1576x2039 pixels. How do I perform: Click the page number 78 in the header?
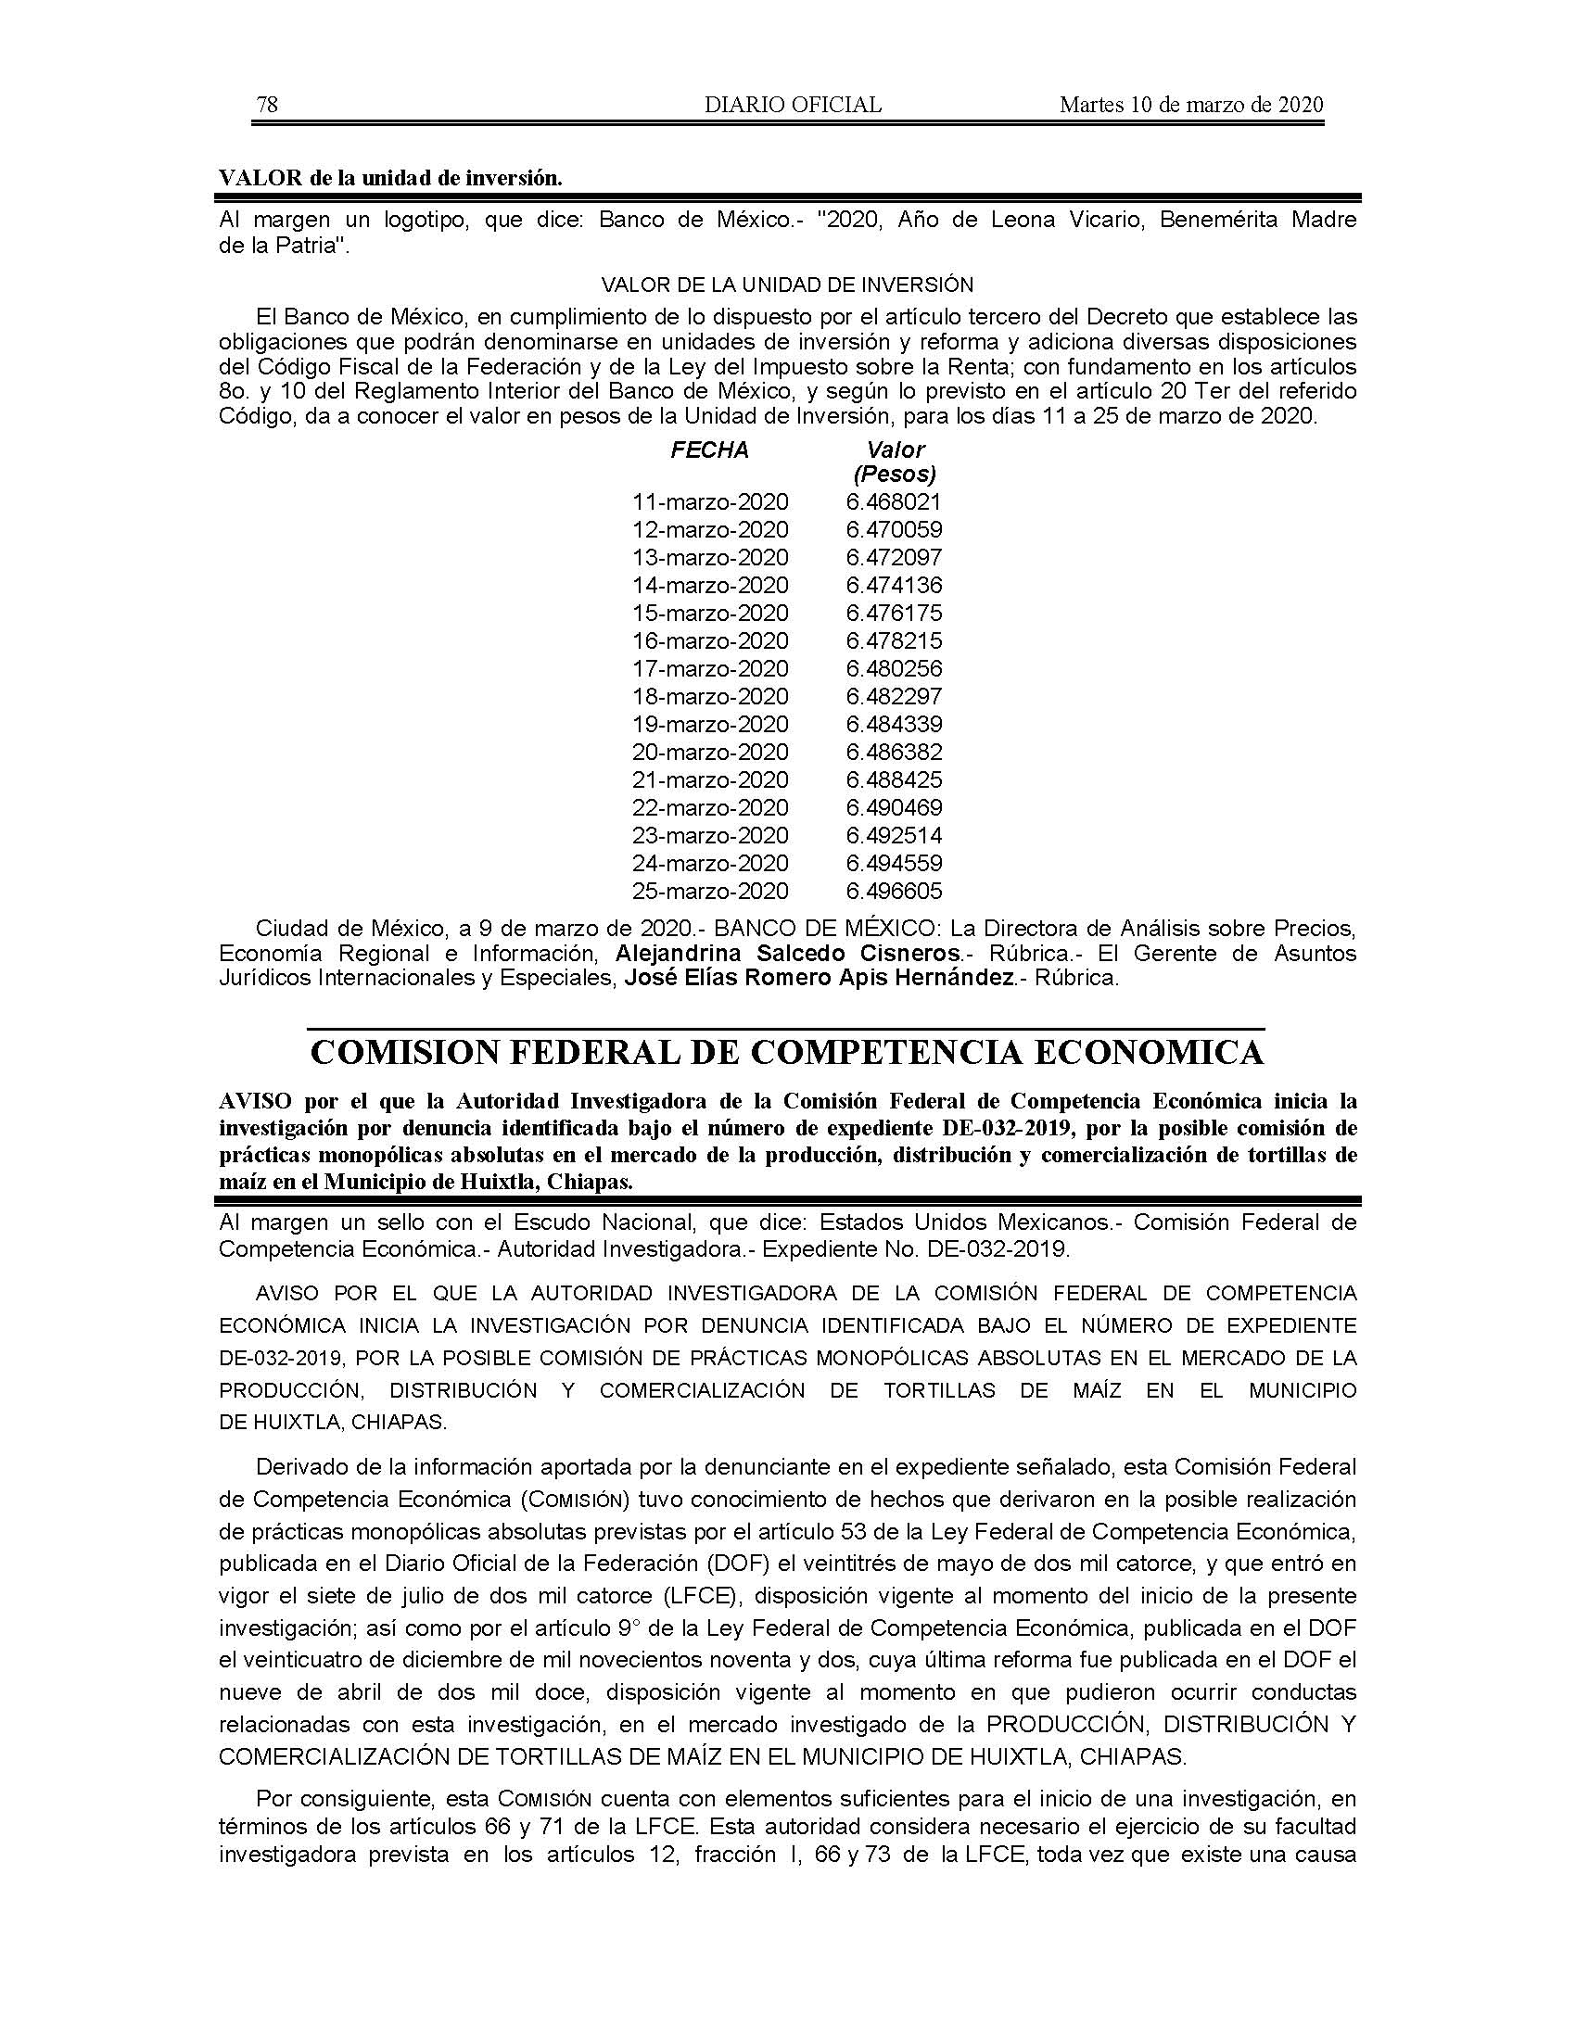click(x=267, y=105)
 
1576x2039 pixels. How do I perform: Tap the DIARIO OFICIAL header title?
click(x=793, y=105)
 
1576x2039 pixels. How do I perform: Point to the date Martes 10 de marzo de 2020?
click(x=1191, y=105)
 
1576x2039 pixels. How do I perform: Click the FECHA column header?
click(x=709, y=450)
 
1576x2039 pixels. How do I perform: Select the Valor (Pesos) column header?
click(x=895, y=462)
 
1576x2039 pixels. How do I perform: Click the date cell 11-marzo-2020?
click(x=709, y=502)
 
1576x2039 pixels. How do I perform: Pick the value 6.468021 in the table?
click(x=895, y=502)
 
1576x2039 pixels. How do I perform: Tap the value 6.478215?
click(x=895, y=641)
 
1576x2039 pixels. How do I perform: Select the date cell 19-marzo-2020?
click(x=709, y=725)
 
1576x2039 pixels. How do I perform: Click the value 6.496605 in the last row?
click(x=895, y=891)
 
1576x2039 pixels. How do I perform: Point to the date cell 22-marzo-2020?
click(x=709, y=807)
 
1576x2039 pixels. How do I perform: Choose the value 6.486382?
click(x=895, y=753)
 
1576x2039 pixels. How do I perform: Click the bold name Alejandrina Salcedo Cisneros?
click(x=788, y=953)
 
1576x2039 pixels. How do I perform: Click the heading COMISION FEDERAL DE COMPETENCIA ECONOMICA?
click(x=787, y=1052)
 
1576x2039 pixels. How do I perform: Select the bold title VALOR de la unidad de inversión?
click(x=390, y=178)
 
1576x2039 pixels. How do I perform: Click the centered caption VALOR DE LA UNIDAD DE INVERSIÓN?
click(x=787, y=285)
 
